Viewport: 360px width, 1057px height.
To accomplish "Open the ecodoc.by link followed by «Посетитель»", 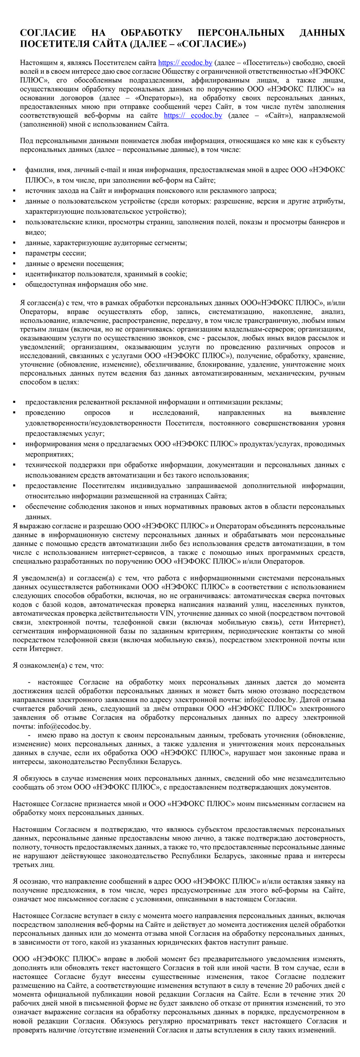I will click(x=185, y=63).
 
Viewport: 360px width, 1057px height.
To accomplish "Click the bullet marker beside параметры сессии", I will click(x=14, y=253).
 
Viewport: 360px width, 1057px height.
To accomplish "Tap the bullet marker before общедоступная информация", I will click(x=14, y=284).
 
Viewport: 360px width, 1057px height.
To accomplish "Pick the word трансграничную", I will click(x=248, y=320).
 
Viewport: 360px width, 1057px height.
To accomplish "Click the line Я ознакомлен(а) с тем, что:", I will click(x=58, y=665).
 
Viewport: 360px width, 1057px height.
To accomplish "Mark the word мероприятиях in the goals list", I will click(x=49, y=454).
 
